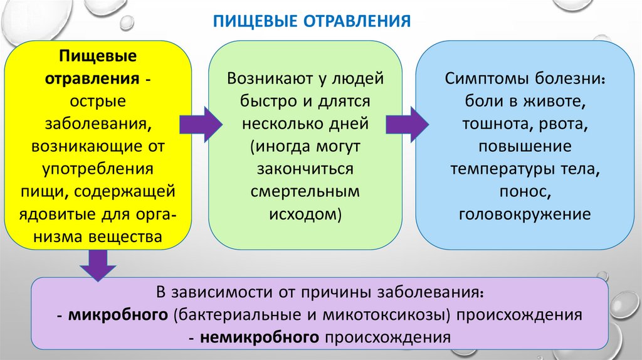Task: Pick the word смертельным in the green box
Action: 306,193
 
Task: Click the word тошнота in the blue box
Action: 495,124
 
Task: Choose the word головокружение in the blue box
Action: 525,215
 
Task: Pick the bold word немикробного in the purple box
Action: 261,337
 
